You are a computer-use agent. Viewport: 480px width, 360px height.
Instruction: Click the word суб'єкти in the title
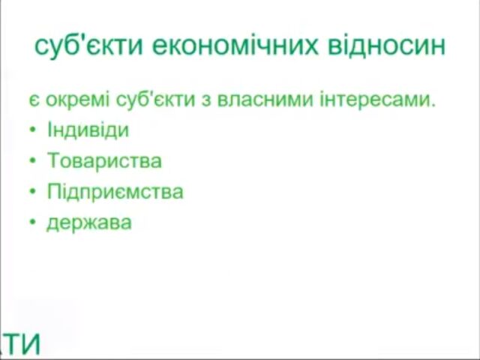tap(88, 46)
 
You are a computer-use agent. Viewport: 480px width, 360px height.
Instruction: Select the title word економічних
tap(235, 46)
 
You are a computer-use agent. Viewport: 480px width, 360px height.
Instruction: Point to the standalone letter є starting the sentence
tap(34, 100)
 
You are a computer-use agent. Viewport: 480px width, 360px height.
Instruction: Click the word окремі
tap(77, 100)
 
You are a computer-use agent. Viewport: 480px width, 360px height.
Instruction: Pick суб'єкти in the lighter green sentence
tap(155, 100)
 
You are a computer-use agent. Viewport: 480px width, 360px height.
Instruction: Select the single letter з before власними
tap(207, 100)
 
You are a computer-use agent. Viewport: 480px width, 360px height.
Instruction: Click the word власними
tap(265, 99)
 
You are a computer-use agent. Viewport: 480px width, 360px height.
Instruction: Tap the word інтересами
tap(375, 99)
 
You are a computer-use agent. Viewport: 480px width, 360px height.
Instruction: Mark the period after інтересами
tap(433, 104)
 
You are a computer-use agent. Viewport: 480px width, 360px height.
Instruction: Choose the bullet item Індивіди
tap(88, 130)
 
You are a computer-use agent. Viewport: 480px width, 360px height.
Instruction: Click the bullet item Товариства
tap(104, 160)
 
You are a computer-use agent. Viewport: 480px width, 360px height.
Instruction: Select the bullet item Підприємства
tap(115, 191)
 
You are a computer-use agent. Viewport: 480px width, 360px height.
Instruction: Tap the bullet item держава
tap(89, 223)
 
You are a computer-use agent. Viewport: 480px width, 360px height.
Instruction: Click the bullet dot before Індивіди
tap(33, 130)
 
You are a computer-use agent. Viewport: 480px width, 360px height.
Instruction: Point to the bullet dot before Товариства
tap(33, 160)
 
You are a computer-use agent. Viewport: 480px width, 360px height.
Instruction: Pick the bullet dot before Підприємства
tap(33, 191)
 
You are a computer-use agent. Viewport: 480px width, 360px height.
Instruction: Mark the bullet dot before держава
tap(33, 222)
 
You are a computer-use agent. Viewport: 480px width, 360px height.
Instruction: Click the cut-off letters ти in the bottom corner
tap(21, 343)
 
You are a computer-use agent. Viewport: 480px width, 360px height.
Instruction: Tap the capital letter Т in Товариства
tap(55, 160)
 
